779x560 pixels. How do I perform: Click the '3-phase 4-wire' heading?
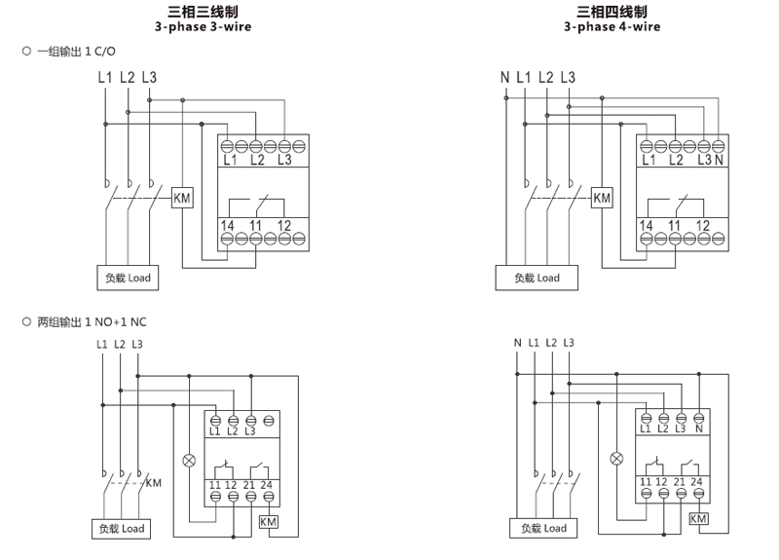[612, 27]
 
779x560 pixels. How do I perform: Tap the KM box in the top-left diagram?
[182, 198]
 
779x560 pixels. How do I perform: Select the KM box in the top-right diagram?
[603, 198]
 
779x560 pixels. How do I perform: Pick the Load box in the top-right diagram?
[537, 278]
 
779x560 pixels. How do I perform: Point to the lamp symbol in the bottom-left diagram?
[190, 457]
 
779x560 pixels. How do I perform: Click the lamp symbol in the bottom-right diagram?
[615, 457]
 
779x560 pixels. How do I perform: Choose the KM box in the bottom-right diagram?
[698, 519]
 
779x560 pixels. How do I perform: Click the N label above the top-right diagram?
[504, 77]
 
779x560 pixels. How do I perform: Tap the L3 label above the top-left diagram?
[148, 77]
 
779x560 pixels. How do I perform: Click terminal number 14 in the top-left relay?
[227, 226]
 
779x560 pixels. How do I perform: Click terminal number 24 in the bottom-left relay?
[269, 485]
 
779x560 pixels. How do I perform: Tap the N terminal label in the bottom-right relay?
[700, 429]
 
